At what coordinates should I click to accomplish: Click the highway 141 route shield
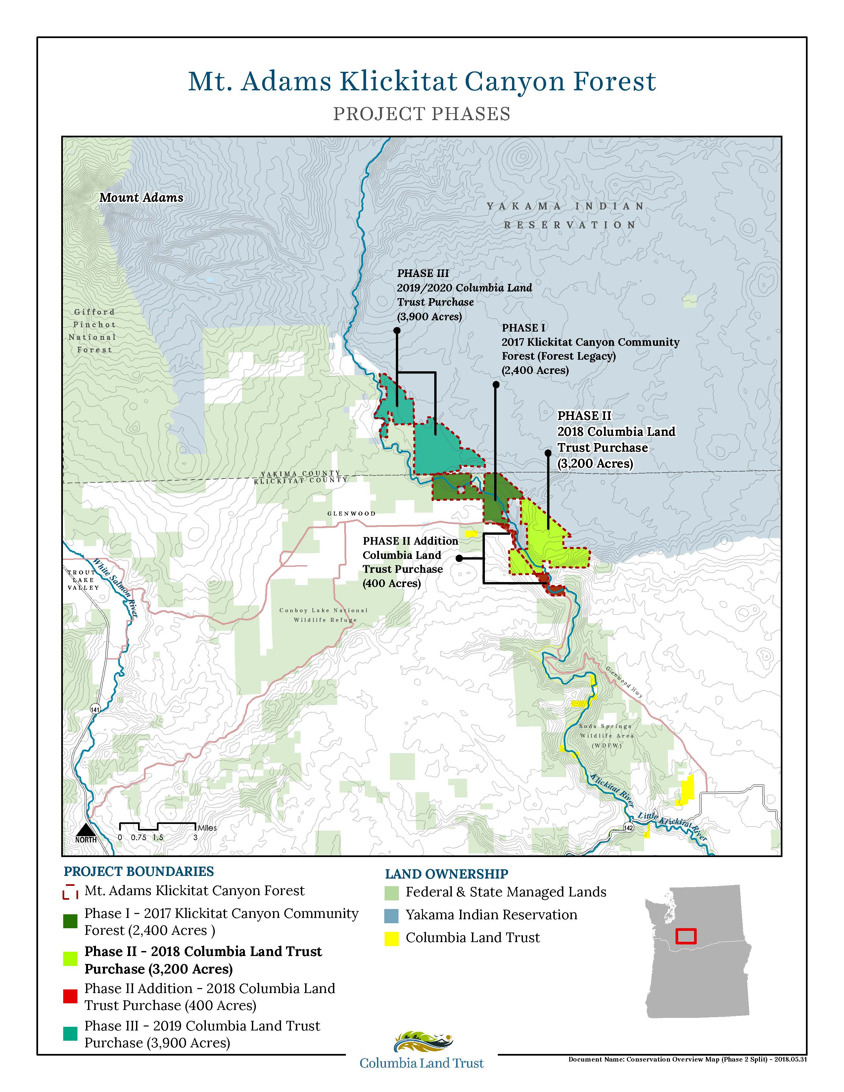click(95, 709)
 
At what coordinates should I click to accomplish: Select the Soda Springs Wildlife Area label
click(606, 736)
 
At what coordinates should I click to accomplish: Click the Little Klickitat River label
click(673, 827)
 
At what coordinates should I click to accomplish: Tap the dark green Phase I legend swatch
click(70, 922)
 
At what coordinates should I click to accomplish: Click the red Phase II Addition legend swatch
click(70, 996)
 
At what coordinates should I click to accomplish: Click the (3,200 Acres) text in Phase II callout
click(595, 464)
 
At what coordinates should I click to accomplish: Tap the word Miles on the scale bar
click(207, 828)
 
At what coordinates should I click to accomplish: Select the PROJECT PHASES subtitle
click(421, 114)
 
